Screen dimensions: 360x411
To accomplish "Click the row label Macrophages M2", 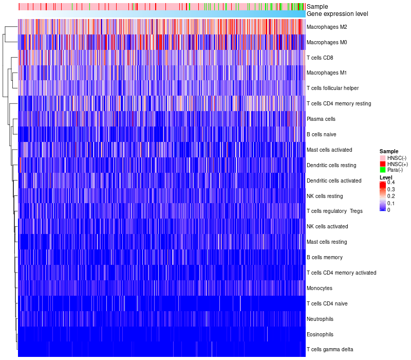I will (x=327, y=27).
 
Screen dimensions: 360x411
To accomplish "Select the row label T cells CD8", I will (x=320, y=58).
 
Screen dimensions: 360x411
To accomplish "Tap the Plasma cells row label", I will (x=321, y=119).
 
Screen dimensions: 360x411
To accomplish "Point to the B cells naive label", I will (x=321, y=134).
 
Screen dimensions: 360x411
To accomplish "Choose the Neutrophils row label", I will (x=320, y=319).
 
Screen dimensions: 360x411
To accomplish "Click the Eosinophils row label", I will (x=320, y=334).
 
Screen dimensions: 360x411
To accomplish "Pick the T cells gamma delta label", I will (x=330, y=350).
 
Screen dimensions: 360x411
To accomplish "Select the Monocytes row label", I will (x=320, y=288).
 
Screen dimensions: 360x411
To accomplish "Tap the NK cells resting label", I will (x=325, y=196).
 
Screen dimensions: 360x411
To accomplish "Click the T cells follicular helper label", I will (x=333, y=88).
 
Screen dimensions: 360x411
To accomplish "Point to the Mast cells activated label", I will (x=329, y=150).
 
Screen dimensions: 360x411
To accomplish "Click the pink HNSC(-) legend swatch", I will (x=382, y=158).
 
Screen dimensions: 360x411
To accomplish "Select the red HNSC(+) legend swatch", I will (x=382, y=164).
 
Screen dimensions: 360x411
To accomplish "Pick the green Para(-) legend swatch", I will (x=382, y=170).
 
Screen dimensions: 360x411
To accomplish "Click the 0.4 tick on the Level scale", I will (x=391, y=183).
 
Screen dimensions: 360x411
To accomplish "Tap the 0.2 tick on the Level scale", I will (x=391, y=196).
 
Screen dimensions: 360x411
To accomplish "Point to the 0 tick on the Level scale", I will (x=389, y=210).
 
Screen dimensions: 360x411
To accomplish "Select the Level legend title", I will (x=386, y=177).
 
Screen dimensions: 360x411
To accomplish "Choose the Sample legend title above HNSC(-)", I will (x=389, y=151).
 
